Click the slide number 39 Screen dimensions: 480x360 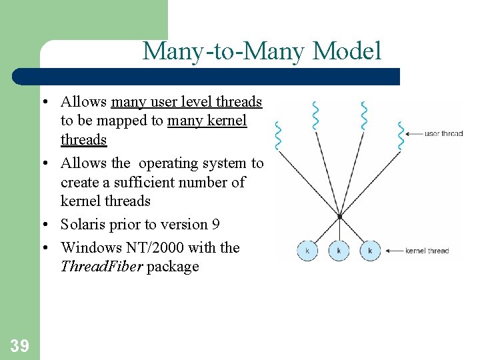[19, 345]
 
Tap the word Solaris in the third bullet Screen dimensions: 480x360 [84, 224]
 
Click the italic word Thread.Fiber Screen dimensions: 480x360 [100, 267]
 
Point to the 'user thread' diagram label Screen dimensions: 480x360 [443, 133]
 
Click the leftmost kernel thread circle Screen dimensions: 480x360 [307, 251]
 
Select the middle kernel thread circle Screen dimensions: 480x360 [339, 251]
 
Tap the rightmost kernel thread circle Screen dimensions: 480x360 [370, 251]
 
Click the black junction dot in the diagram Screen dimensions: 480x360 [339, 217]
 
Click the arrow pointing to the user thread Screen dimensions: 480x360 [413, 133]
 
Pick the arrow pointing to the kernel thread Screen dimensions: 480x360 [393, 251]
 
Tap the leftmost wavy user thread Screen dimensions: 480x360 [279, 136]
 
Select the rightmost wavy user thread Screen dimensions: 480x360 [401, 136]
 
